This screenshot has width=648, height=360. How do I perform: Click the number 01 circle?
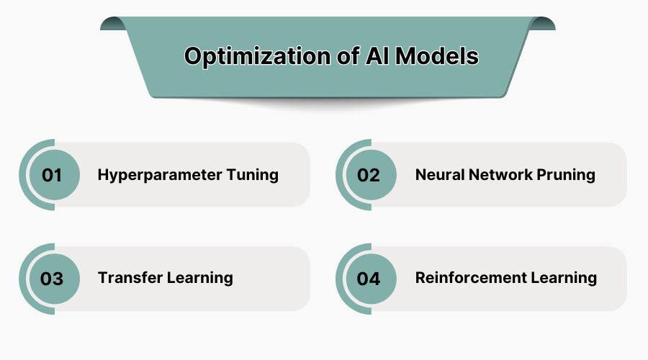click(52, 175)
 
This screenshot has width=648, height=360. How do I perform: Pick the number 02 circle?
click(369, 175)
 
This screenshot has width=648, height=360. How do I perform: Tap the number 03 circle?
click(52, 279)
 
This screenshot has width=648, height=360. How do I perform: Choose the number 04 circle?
click(369, 279)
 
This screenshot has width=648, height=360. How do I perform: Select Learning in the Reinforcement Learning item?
click(567, 278)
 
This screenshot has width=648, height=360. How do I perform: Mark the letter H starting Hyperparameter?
click(103, 175)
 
